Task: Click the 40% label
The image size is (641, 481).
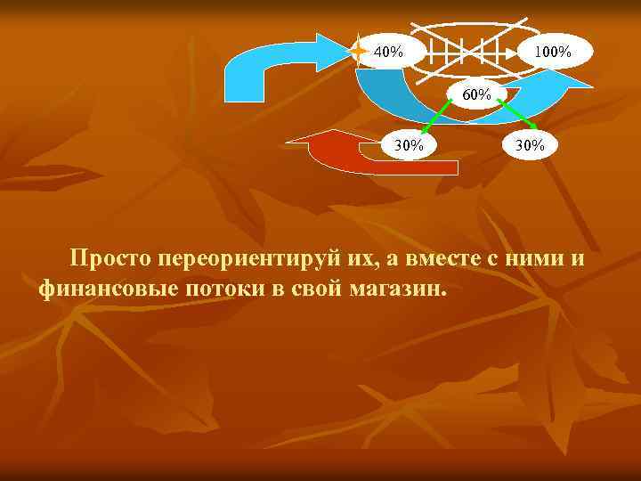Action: pos(387,51)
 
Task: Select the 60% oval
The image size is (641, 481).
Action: pos(475,94)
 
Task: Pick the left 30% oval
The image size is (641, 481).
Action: pos(409,145)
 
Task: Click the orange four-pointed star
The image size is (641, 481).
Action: pos(358,51)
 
